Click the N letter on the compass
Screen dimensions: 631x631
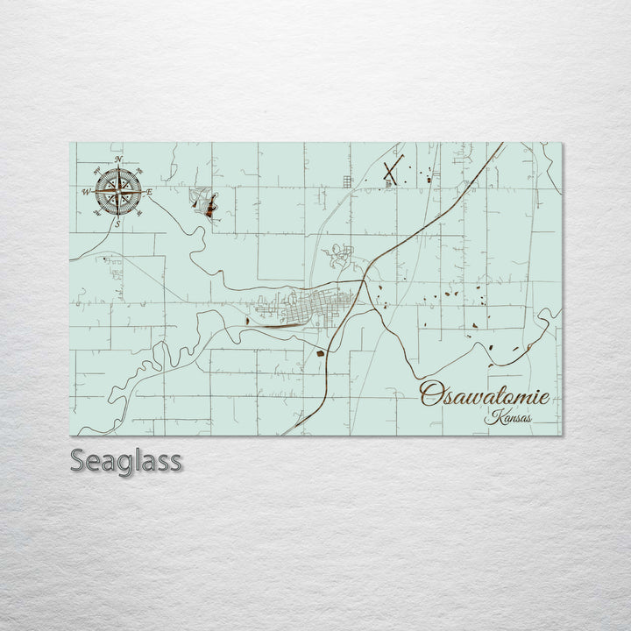[118, 160]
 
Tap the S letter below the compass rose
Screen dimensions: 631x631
[118, 223]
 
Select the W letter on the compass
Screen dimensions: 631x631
[86, 192]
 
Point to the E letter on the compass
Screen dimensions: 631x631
[150, 192]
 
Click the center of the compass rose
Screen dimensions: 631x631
[118, 192]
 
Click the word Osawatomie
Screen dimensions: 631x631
[485, 395]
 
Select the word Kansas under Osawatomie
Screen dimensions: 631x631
[508, 417]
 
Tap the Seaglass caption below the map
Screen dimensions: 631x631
[125, 460]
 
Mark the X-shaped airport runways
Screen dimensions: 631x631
[391, 173]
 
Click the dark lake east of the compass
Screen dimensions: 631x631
[210, 207]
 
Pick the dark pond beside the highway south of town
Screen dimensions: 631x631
[322, 355]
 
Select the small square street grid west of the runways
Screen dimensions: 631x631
[347, 181]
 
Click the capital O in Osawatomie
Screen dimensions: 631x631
[430, 395]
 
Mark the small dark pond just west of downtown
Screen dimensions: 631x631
[249, 322]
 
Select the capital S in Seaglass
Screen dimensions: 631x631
[78, 460]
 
